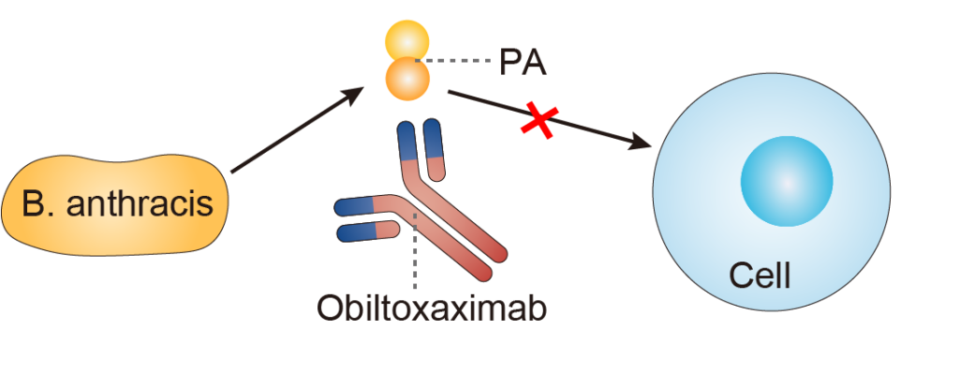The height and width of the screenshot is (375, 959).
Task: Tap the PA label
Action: (523, 63)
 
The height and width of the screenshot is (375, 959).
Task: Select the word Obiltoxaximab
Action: (431, 307)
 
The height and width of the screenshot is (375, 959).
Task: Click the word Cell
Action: (760, 276)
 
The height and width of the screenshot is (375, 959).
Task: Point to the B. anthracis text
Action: (117, 203)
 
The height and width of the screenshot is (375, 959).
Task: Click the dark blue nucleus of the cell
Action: (787, 181)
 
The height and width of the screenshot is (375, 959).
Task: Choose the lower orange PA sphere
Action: (408, 79)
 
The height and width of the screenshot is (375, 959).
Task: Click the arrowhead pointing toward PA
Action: (355, 92)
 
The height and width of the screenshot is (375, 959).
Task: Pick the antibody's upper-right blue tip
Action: (432, 136)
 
